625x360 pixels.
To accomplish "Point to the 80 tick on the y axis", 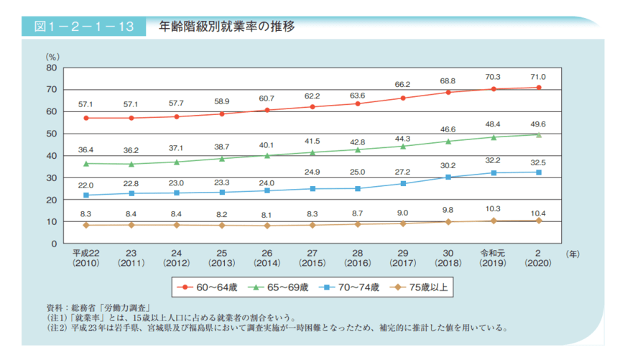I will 50,68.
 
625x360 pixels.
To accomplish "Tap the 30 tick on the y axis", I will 50,177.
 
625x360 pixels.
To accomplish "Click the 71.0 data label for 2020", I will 538,77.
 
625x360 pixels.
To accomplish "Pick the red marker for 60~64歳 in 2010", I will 86,118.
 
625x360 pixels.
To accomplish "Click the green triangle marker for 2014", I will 267,155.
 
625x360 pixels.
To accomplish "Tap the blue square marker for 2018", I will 448,177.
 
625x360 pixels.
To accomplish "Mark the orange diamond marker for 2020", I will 538,221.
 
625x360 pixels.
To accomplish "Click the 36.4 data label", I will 86,150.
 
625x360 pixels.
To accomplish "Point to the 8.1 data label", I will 267,214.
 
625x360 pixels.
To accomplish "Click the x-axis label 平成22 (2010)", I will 86,258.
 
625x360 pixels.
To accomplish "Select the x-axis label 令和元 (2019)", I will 493,258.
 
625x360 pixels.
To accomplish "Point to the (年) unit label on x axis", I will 573,254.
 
